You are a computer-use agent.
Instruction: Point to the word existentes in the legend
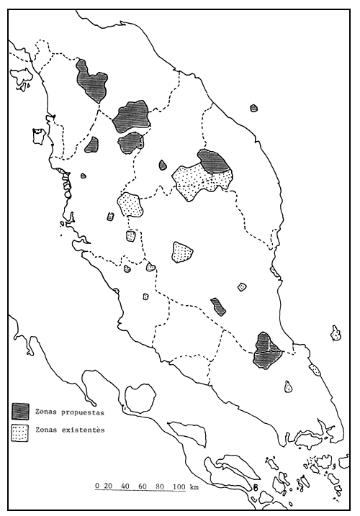pos(79,430)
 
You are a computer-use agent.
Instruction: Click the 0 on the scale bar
pos(97,486)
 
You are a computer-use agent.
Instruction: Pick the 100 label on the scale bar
pos(180,486)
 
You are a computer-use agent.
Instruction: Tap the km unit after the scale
pos(196,486)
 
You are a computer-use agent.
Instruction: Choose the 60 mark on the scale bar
pos(143,486)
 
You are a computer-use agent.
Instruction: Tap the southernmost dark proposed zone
pos(267,350)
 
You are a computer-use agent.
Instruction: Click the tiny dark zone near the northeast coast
pos(253,108)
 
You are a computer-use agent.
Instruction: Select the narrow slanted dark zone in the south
pos(218,307)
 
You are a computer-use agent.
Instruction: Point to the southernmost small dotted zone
pos(288,386)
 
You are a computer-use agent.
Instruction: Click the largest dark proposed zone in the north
pos(131,115)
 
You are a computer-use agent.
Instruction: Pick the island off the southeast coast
pos(336,333)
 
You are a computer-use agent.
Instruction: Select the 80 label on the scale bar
pos(159,486)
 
